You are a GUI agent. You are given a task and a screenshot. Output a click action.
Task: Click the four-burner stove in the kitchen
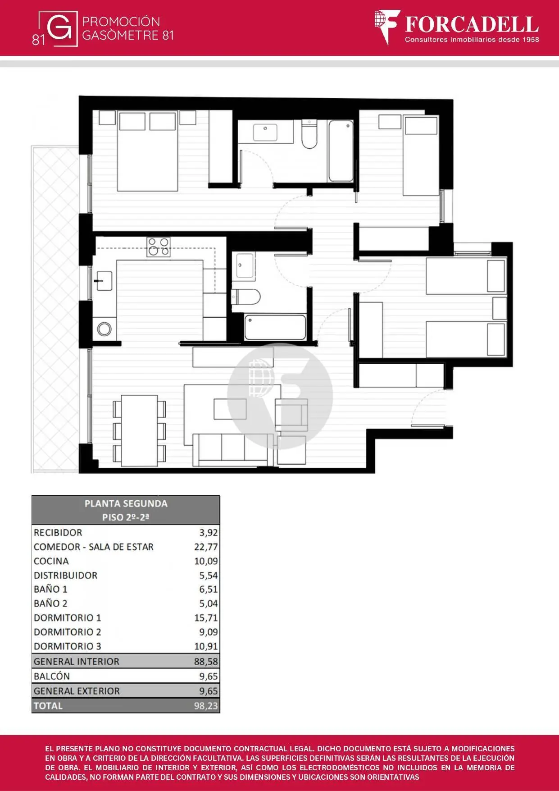pyautogui.click(x=159, y=247)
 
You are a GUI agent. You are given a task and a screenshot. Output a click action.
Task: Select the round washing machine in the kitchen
pyautogui.click(x=105, y=329)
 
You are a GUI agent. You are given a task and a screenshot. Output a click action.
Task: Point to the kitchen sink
pyautogui.click(x=104, y=281)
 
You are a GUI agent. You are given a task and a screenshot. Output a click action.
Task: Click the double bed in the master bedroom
pyautogui.click(x=147, y=151)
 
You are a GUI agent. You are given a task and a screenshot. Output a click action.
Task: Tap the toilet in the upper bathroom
pyautogui.click(x=309, y=134)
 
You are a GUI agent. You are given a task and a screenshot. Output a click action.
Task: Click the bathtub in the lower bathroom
pyautogui.click(x=275, y=327)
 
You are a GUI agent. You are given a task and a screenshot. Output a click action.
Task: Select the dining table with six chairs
pyautogui.click(x=139, y=430)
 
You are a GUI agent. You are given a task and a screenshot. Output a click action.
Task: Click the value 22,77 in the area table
pyautogui.click(x=206, y=547)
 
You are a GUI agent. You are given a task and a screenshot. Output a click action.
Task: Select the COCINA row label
pyautogui.click(x=51, y=561)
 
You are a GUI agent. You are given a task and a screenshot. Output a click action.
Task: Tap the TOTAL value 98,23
pyautogui.click(x=206, y=706)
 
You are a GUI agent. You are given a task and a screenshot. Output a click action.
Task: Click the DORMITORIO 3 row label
pyautogui.click(x=68, y=646)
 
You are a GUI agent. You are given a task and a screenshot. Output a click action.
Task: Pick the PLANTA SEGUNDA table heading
pyautogui.click(x=126, y=503)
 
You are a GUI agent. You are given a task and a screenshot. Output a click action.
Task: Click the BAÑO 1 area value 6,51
pyautogui.click(x=209, y=589)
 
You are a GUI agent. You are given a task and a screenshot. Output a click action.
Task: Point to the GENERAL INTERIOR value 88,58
pyautogui.click(x=206, y=662)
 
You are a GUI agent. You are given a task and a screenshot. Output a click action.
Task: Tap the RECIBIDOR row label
pyautogui.click(x=58, y=532)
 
